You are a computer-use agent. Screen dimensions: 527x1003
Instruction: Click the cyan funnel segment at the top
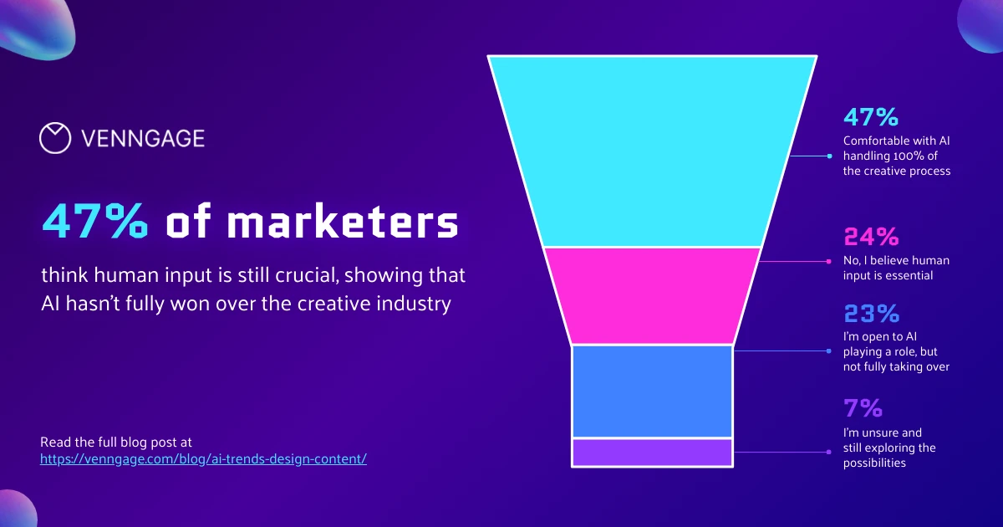(652, 151)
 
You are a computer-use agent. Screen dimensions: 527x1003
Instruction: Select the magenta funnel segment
(652, 295)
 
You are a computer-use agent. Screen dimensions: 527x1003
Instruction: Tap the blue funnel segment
(652, 391)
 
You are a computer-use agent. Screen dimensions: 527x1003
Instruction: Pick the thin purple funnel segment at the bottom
(652, 452)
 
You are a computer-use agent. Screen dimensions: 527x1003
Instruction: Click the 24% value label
(871, 237)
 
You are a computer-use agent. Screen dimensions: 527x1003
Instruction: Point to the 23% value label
(871, 314)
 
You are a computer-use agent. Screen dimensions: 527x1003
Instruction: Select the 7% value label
(863, 409)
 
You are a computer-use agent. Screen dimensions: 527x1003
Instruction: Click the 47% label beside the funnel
(871, 116)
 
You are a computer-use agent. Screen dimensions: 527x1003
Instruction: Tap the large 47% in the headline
(95, 223)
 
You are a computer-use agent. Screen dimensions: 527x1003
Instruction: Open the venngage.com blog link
(203, 459)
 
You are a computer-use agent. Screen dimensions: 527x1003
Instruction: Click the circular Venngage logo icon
(55, 138)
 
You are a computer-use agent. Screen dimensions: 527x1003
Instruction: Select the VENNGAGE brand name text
(143, 139)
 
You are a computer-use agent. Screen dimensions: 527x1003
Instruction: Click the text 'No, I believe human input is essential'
(896, 268)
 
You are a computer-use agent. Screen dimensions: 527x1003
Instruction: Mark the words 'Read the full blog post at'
(116, 441)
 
